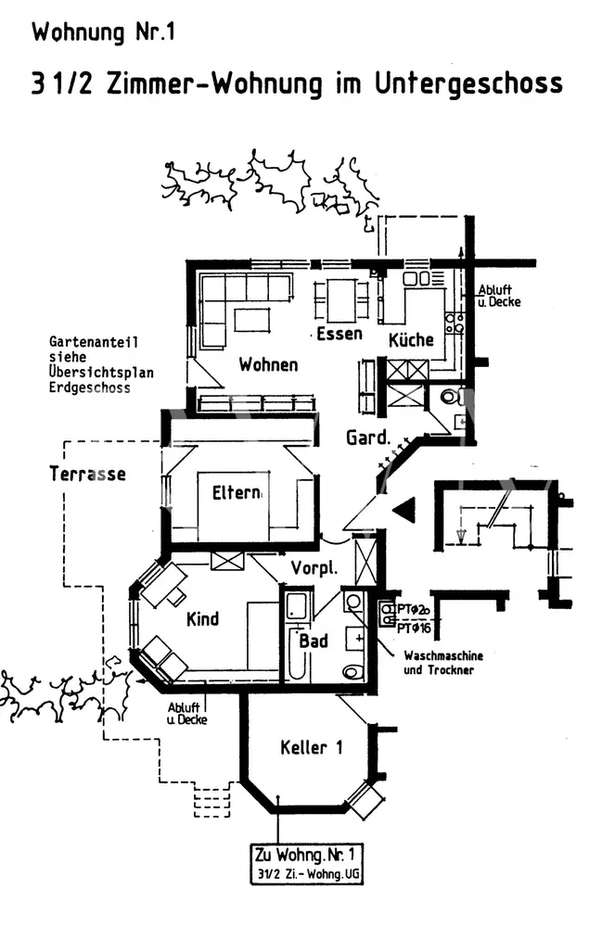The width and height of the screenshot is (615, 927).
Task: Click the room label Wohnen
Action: point(268,364)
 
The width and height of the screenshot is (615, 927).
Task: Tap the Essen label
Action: point(339,335)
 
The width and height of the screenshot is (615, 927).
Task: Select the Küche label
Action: point(411,339)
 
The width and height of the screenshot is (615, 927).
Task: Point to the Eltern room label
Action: point(237,492)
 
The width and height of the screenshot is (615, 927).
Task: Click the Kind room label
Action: point(202,618)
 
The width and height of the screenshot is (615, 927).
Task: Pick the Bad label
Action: point(314,641)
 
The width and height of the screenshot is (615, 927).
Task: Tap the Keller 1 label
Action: point(311,746)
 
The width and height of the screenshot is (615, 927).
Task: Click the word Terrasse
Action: point(87,474)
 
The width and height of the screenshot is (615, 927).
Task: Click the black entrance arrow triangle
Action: point(404,509)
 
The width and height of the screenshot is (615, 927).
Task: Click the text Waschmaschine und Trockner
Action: point(443,662)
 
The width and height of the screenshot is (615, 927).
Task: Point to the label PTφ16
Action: point(414,628)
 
